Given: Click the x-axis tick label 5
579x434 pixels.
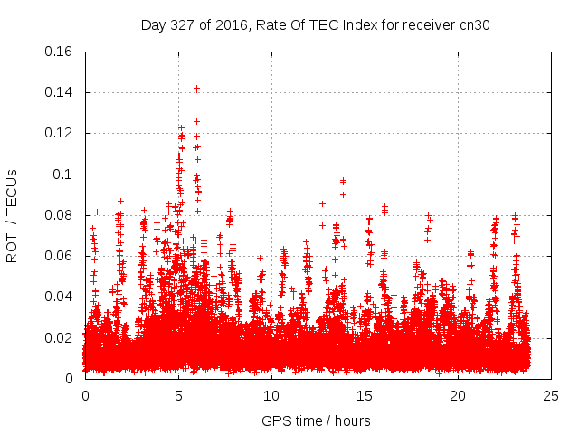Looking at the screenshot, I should point(178,396).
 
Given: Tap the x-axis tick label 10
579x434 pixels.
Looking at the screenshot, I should point(271,396).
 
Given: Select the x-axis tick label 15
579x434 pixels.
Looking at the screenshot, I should point(365,396).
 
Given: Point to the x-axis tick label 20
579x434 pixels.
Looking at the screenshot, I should point(458,396).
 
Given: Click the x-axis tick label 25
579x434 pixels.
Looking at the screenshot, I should point(551,396).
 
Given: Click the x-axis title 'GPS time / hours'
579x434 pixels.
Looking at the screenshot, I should point(316,420).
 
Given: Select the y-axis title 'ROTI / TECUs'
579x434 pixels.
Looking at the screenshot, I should point(12,215).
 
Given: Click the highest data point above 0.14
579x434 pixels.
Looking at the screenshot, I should point(196,89).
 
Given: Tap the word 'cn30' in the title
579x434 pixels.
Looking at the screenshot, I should point(475,24).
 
